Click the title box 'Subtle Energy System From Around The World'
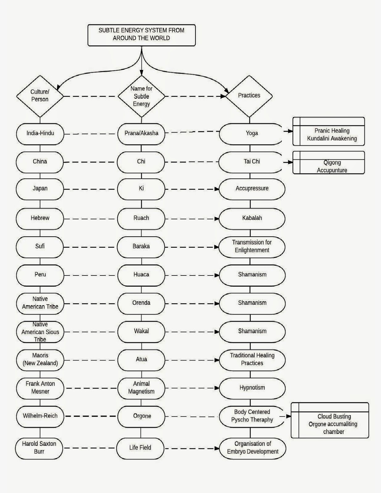(x=141, y=35)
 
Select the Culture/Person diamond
(x=40, y=96)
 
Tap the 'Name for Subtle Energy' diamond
(x=141, y=96)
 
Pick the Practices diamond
(x=249, y=96)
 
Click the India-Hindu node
(x=40, y=134)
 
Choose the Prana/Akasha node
(x=141, y=134)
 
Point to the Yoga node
(x=251, y=134)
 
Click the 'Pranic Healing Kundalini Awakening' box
(x=329, y=131)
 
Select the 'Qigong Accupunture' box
(x=329, y=163)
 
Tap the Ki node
(x=141, y=189)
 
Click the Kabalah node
(x=252, y=219)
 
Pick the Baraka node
(x=141, y=247)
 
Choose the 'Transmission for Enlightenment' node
(x=252, y=247)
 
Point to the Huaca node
(x=141, y=275)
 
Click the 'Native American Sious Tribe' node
(x=40, y=332)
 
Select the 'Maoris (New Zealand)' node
(x=40, y=360)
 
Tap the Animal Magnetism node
(x=141, y=389)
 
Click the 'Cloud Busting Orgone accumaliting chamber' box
(x=330, y=420)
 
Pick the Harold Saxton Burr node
(x=39, y=449)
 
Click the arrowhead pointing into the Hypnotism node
(x=217, y=388)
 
